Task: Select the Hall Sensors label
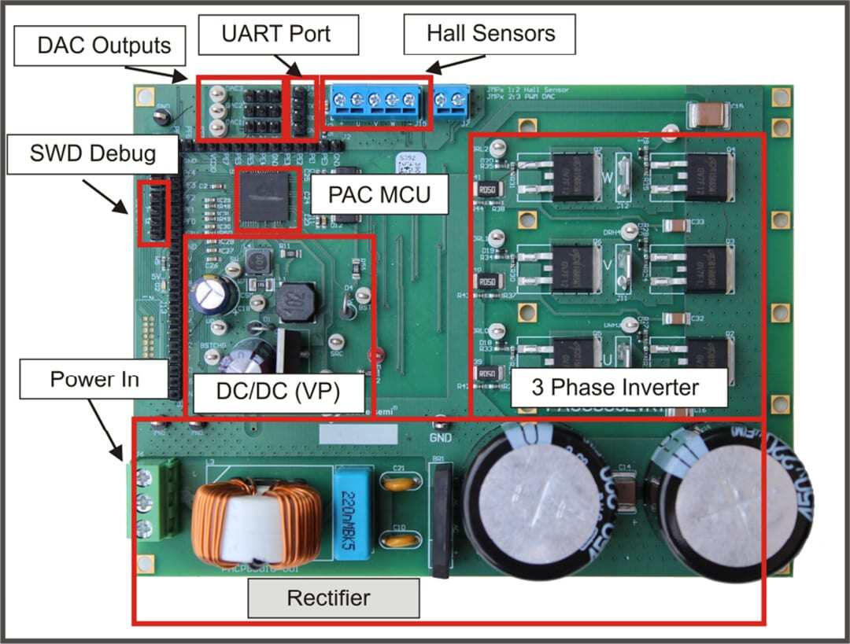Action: pos(490,34)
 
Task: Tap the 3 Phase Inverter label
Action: pos(615,388)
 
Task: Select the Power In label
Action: pos(94,380)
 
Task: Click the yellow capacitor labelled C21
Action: pos(399,481)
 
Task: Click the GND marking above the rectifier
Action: pos(441,437)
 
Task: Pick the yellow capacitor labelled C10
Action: pos(399,539)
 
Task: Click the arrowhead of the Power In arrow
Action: pos(120,458)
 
